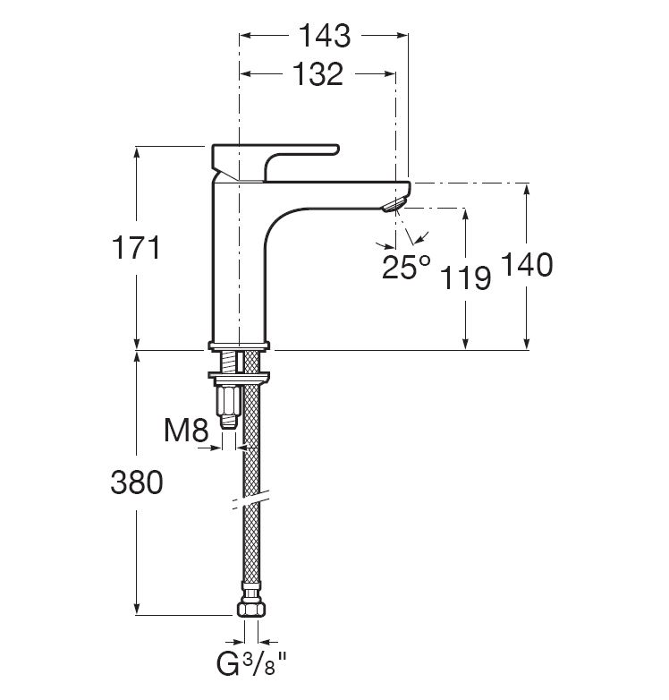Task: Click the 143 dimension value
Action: (325, 36)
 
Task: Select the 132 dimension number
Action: (318, 74)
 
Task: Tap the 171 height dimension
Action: (136, 248)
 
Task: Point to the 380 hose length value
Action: (137, 482)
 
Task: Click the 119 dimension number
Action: (465, 277)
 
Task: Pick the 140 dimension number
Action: (527, 264)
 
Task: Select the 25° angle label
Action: (406, 267)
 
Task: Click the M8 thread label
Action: (186, 431)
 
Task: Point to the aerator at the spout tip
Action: (394, 205)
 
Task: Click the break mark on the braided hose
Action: (250, 500)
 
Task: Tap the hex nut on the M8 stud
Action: (228, 401)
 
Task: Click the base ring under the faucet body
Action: (239, 346)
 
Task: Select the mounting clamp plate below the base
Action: (239, 378)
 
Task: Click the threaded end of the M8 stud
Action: (228, 423)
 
